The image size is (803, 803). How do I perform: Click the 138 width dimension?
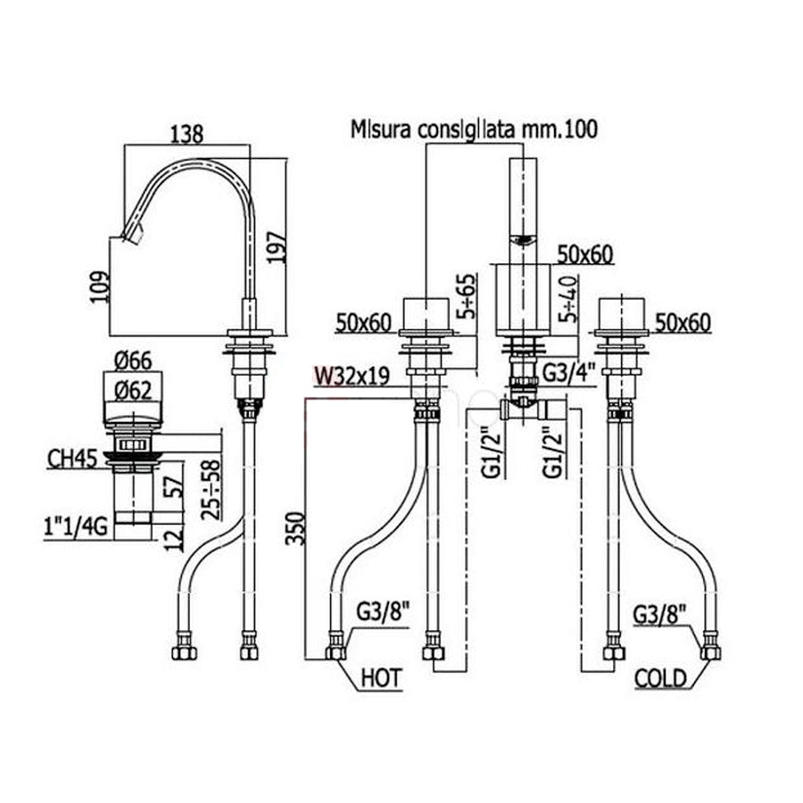(186, 133)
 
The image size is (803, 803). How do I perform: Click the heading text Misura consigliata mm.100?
(473, 129)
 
